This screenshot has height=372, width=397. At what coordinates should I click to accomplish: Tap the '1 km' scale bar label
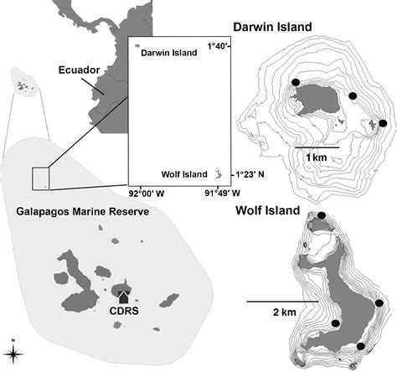tap(317, 158)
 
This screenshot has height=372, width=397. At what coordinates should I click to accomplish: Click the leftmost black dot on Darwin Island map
tap(296, 82)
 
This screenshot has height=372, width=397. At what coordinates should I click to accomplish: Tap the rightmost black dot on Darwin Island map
tap(383, 124)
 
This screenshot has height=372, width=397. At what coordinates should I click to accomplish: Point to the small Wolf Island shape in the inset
tap(217, 173)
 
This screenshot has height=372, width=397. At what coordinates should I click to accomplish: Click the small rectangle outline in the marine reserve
tap(40, 178)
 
